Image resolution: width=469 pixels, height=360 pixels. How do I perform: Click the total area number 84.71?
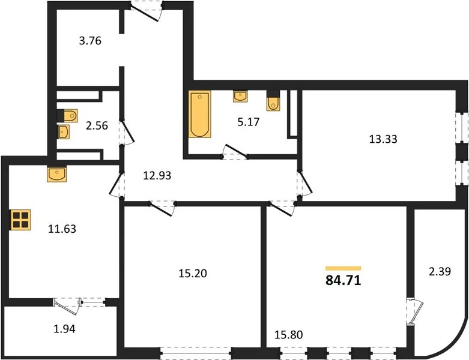pos(343,280)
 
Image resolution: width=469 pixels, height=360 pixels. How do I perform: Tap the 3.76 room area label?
pos(90,41)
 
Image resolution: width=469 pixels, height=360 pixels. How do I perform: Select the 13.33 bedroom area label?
pos(383,139)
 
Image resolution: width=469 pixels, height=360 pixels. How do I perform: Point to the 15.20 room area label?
pos(193,273)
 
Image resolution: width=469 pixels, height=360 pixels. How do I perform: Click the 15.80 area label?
pos(289,335)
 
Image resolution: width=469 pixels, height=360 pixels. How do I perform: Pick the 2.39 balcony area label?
pos(440,271)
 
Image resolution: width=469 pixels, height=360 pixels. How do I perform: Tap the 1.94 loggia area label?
pos(64,329)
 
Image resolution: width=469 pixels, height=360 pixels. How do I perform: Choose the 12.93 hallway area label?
pos(157,175)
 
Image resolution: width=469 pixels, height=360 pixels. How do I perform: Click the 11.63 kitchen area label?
pos(62,229)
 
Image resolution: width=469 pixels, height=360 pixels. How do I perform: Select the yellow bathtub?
pos(199,114)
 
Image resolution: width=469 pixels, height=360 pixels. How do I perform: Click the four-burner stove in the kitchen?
pos(20,220)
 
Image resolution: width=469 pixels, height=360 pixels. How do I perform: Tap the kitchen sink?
pos(57,174)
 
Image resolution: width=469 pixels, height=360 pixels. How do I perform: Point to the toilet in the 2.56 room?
pos(68,116)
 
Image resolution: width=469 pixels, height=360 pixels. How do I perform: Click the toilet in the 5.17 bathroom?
pos(273,100)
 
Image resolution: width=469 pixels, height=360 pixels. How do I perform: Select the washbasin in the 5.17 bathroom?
pos(240,96)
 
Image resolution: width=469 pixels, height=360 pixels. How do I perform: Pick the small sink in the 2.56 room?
pos(64,132)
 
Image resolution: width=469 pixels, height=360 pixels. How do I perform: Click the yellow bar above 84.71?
pos(343,268)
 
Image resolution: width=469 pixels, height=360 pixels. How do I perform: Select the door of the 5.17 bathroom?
pos(235,152)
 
